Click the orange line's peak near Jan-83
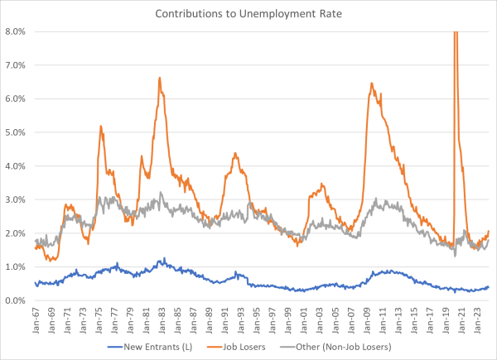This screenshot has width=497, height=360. [159, 78]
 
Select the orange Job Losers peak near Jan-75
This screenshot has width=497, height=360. [100, 126]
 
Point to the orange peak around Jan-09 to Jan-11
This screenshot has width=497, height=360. [371, 83]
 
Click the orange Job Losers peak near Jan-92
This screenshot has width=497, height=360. [235, 153]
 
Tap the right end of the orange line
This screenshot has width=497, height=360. [490, 231]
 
